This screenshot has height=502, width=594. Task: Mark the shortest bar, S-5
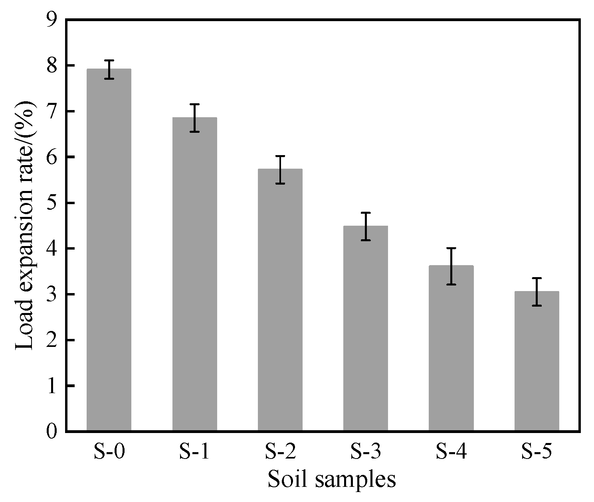(537, 361)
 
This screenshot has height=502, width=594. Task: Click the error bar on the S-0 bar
(109, 69)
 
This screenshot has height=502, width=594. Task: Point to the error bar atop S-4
(451, 266)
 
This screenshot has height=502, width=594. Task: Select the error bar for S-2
(280, 170)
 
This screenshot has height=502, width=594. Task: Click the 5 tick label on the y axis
(52, 203)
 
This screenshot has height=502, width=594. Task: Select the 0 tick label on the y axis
(52, 432)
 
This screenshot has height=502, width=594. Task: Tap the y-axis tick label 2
(52, 340)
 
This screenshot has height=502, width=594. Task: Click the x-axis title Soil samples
(331, 480)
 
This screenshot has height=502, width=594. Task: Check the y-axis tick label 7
(52, 111)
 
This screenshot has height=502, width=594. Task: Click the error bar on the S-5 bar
(537, 291)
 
